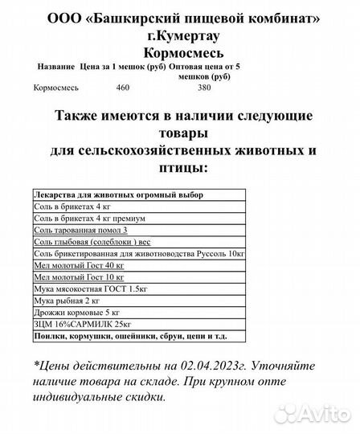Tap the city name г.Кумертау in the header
click(181, 35)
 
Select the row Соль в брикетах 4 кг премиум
click(89, 218)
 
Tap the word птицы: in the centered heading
click(181, 166)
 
